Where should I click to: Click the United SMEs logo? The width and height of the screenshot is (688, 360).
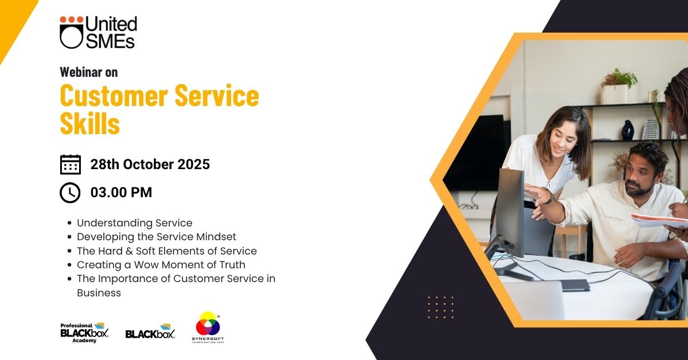(98, 32)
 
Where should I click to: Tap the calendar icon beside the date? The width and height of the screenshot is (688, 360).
(71, 165)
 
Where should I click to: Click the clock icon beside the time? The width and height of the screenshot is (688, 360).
(70, 193)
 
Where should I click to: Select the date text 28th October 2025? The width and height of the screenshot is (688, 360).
(150, 165)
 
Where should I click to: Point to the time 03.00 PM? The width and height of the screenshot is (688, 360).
(122, 193)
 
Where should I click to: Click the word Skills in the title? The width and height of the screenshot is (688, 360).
(89, 123)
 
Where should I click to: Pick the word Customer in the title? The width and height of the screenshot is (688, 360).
(114, 95)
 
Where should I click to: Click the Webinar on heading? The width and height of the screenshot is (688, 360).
(89, 72)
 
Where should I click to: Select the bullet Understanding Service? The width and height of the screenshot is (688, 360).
(135, 223)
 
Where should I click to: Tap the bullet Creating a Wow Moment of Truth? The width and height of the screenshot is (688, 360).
(161, 265)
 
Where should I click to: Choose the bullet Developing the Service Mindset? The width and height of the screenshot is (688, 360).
(157, 237)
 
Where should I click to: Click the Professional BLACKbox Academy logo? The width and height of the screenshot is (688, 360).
(84, 332)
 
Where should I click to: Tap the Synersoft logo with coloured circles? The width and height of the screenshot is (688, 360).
(208, 327)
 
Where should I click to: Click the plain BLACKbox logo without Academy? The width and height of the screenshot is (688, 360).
(150, 331)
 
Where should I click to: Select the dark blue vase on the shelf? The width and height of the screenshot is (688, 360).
(628, 130)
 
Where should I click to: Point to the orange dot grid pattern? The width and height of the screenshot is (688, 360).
(441, 307)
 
